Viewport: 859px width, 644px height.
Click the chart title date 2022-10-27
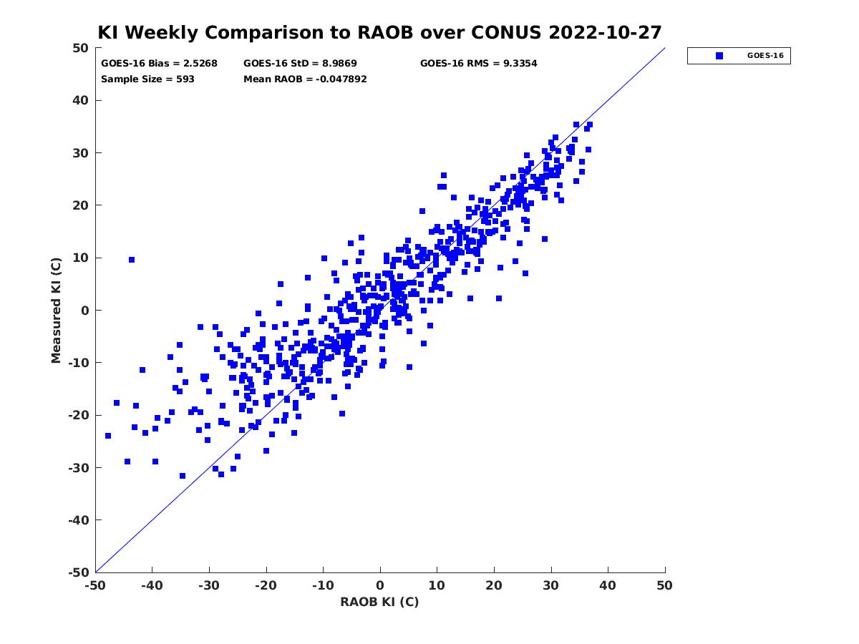pos(605,32)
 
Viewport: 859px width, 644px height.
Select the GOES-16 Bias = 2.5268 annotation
pos(159,64)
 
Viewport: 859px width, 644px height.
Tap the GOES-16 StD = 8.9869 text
pos(300,64)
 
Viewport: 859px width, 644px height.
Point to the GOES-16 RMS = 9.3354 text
pos(478,64)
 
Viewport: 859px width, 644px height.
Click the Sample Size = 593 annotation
pos(147,79)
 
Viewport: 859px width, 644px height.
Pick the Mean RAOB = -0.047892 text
pos(305,79)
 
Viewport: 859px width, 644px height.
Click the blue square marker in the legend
pos(719,56)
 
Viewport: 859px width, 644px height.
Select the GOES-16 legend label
pos(765,56)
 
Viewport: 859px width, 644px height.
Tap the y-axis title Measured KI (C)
pos(56,310)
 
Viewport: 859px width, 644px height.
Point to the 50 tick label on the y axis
pos(81,48)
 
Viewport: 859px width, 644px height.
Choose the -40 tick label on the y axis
pos(79,520)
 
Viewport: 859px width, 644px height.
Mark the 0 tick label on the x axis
pos(380,585)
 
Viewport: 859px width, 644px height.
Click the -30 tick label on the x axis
pos(209,585)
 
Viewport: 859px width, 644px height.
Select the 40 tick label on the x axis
pos(608,585)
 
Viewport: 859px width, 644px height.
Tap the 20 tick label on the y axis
pos(81,205)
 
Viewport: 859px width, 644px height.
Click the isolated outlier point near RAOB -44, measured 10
pos(132,260)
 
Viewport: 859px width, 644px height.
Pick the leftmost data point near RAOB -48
pos(108,436)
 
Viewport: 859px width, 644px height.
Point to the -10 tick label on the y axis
pos(79,363)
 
